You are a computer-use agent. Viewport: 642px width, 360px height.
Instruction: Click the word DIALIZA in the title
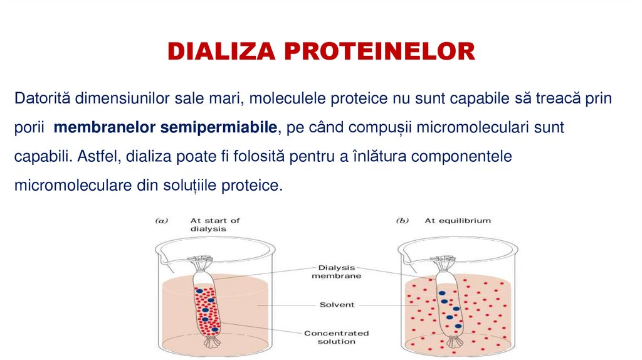click(x=226, y=51)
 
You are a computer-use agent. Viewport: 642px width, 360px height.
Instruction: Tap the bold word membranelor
click(x=105, y=128)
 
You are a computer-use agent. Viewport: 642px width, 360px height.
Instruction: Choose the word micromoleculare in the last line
click(x=68, y=186)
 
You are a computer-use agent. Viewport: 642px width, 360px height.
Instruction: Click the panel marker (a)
click(x=161, y=221)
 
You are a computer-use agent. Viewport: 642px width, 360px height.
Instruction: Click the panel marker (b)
click(x=402, y=221)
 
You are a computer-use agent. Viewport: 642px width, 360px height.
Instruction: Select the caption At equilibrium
click(x=458, y=221)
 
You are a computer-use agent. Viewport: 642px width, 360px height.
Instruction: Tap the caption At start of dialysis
click(x=214, y=225)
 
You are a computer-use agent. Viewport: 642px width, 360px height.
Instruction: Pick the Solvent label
click(x=337, y=305)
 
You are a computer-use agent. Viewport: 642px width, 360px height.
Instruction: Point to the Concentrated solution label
click(x=336, y=337)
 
